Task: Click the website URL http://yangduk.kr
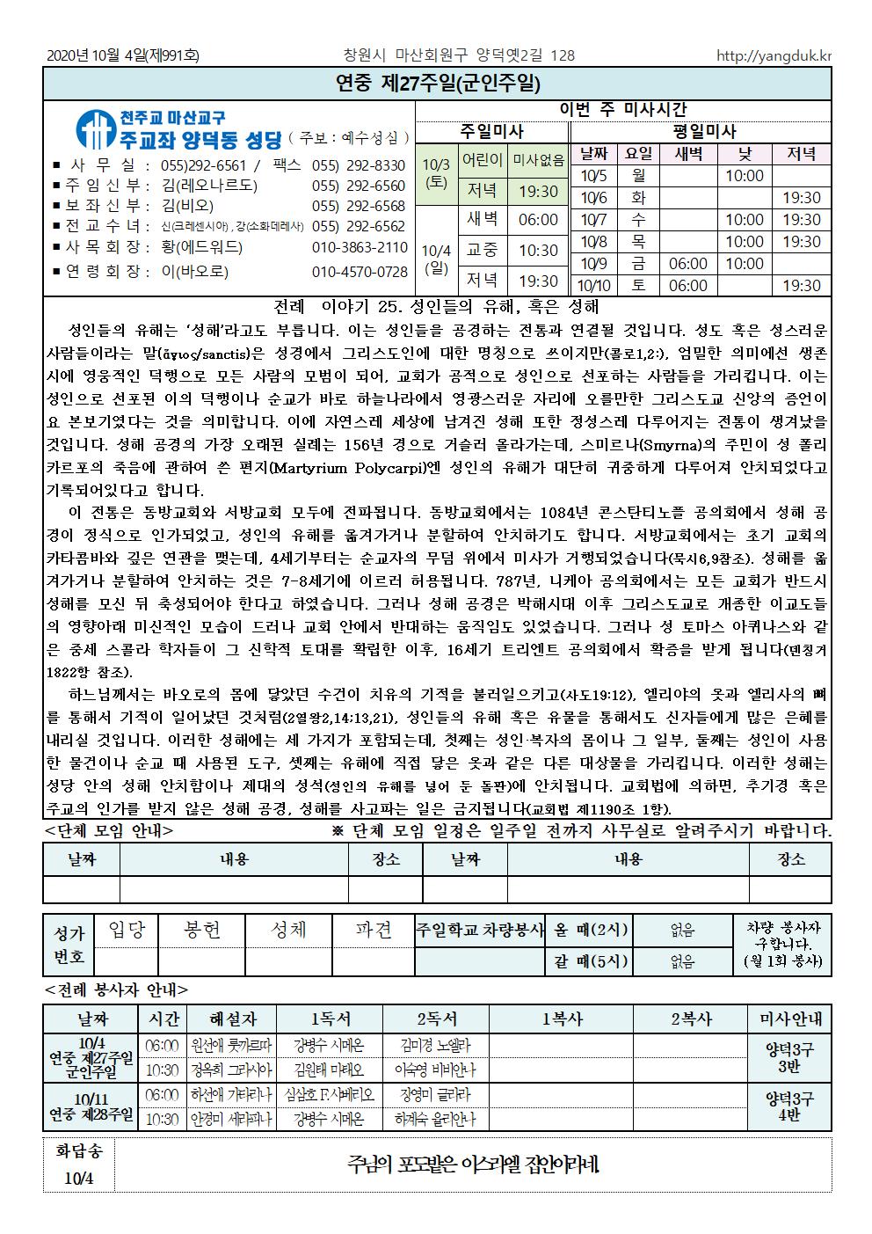[x=774, y=55]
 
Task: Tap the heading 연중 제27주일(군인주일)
[x=437, y=84]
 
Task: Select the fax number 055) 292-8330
[x=359, y=165]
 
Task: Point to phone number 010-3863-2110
[x=360, y=247]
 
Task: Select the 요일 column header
[x=638, y=154]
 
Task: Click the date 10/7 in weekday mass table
[x=595, y=220]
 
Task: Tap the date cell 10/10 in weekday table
[x=595, y=285]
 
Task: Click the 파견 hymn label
[x=374, y=930]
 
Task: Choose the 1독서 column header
[x=329, y=1019]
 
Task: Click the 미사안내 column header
[x=789, y=1019]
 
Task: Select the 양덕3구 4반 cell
[x=789, y=1107]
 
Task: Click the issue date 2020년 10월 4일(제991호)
[x=123, y=55]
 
